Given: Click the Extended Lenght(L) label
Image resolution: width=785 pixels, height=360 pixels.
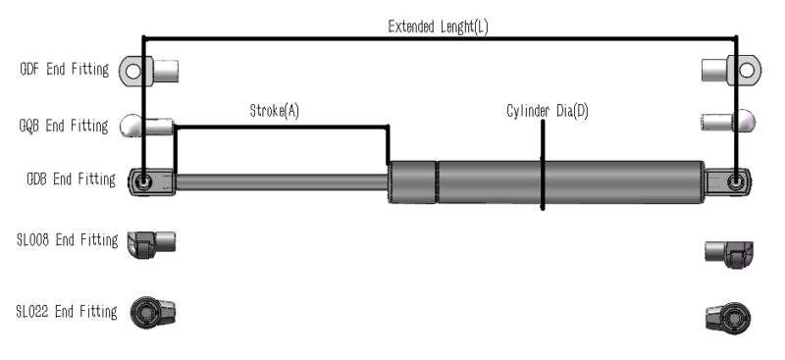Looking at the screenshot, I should (x=438, y=26).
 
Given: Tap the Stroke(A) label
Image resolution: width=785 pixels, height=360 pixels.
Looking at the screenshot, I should (x=274, y=112).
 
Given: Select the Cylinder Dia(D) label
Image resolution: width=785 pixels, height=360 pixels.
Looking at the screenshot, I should (x=547, y=112).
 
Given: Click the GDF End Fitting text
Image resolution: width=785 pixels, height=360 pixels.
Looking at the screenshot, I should (x=65, y=70).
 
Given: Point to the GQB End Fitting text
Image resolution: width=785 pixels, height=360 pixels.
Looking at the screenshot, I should (x=65, y=126).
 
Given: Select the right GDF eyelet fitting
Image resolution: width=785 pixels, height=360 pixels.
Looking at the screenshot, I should (x=732, y=70).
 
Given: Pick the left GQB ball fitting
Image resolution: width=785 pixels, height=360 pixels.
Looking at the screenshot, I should (x=147, y=127).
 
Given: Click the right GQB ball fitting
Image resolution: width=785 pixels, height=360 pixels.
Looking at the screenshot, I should (x=729, y=122).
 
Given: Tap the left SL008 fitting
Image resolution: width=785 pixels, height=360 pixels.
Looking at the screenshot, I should (x=151, y=241).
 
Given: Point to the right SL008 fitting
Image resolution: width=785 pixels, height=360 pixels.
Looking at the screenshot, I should (x=729, y=252).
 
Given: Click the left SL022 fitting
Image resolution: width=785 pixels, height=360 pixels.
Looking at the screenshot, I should (x=153, y=313).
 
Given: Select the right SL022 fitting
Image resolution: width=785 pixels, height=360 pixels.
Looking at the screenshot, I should (x=729, y=317).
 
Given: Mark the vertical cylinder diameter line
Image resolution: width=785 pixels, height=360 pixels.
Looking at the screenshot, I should (x=543, y=167).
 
